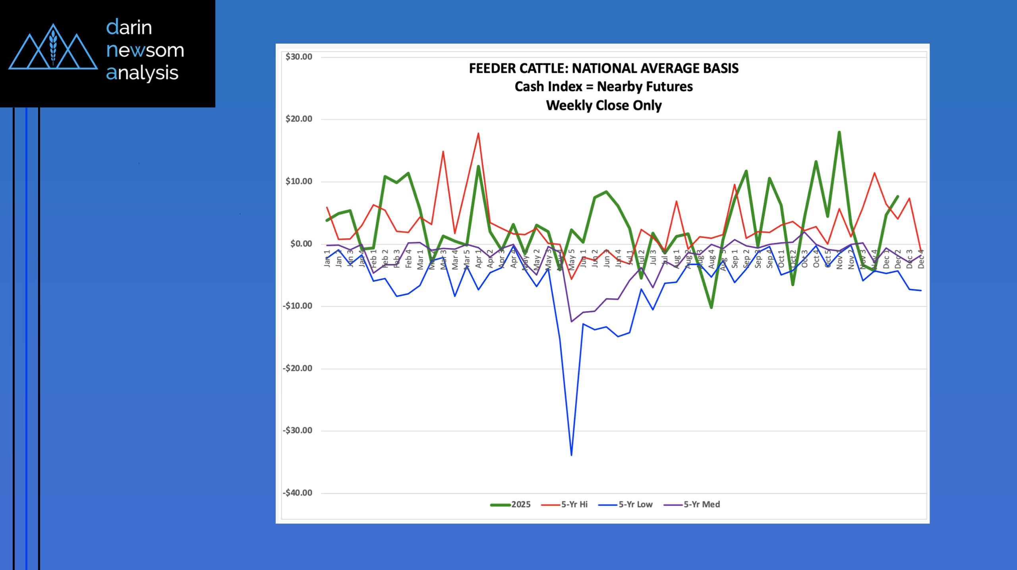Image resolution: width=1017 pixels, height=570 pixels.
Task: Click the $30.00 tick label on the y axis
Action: coord(299,57)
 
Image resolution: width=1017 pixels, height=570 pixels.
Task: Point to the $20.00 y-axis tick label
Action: coord(299,119)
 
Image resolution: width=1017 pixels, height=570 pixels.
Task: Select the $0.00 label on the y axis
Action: coord(301,244)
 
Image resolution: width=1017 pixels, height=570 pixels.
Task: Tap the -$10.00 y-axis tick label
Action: coord(298,306)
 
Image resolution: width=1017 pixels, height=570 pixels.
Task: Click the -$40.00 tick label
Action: coord(298,493)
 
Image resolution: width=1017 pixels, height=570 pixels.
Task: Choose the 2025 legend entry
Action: coord(510,505)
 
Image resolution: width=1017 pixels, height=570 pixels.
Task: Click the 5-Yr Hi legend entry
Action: coord(565,505)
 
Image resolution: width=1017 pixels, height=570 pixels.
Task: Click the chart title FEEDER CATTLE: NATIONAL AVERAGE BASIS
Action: coord(603,68)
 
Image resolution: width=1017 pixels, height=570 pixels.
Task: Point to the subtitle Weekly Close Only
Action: coord(603,106)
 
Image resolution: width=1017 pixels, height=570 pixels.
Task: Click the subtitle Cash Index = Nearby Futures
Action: coord(603,87)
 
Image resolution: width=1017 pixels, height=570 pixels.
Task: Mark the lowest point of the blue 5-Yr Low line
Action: coord(571,455)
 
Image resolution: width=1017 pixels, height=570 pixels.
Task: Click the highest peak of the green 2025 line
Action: coord(839,132)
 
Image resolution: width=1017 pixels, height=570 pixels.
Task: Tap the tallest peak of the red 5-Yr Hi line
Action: coord(478,133)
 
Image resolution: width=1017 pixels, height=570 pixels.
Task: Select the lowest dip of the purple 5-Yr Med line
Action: coord(571,322)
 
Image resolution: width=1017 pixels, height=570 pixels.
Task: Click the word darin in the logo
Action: coord(129,27)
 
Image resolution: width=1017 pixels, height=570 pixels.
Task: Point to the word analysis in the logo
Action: coord(142,73)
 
